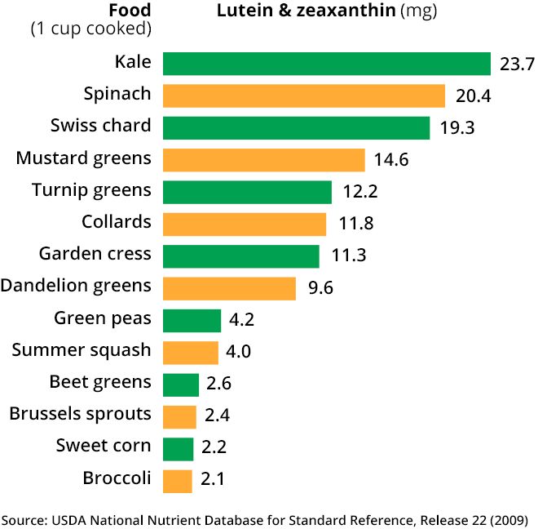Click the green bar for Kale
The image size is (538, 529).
(x=326, y=64)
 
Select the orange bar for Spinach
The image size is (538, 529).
(x=303, y=96)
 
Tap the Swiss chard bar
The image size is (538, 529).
(x=296, y=127)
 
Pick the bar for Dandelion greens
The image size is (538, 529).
(x=229, y=288)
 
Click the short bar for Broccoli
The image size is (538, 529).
(x=178, y=481)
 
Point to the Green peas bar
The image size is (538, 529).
(x=192, y=320)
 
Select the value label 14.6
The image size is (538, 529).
(x=391, y=160)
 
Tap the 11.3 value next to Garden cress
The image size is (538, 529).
(x=349, y=256)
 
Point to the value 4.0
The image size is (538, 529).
(x=239, y=353)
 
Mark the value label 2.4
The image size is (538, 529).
(x=218, y=416)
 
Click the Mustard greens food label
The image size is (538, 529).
(x=83, y=158)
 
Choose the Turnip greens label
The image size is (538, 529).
(x=91, y=190)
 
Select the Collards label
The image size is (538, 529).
(x=117, y=221)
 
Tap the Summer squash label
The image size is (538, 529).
(x=82, y=350)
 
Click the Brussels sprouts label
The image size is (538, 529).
(x=80, y=414)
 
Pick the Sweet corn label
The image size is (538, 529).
(x=104, y=446)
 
